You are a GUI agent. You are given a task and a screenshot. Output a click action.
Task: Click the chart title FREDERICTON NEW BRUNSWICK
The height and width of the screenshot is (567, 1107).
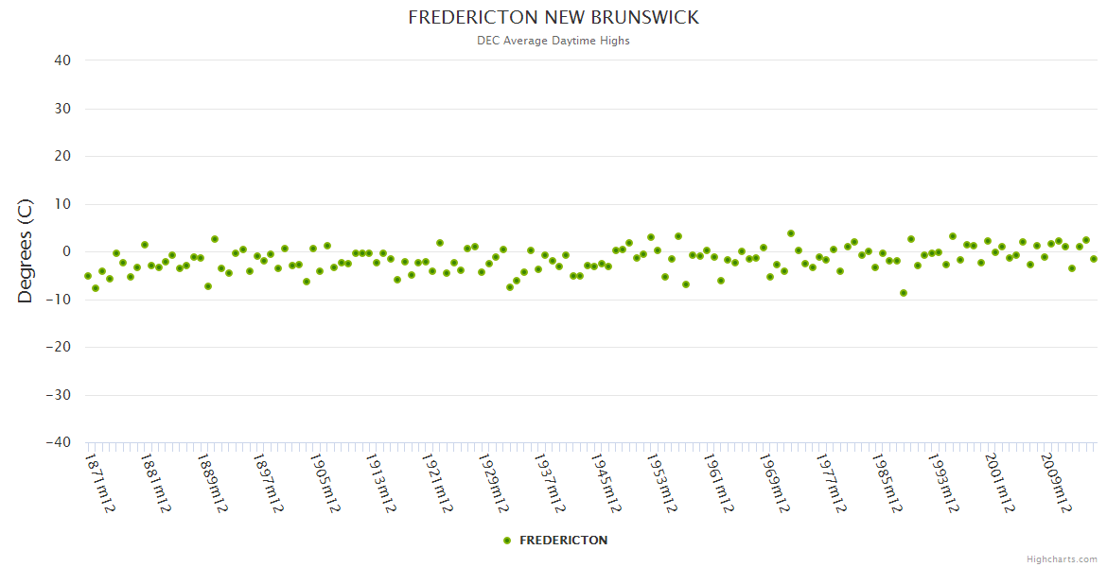coord(553,17)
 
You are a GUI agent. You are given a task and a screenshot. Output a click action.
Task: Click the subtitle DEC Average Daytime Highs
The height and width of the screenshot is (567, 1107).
coord(553,41)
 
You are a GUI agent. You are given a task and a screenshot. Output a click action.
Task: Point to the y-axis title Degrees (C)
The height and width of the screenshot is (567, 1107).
coord(26,251)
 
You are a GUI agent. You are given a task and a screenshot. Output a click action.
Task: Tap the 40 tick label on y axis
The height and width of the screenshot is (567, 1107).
coord(62,60)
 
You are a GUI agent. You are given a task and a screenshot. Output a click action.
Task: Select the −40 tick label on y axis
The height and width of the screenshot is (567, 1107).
coord(58,442)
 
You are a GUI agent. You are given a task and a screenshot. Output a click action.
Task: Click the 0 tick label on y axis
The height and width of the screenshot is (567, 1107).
coord(67,251)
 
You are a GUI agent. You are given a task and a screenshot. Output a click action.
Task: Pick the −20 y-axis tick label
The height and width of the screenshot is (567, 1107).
coord(58,347)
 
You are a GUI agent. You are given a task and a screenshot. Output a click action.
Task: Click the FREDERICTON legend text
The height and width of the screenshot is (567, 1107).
coord(564,541)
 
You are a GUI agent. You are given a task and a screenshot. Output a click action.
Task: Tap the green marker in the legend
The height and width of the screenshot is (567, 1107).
coord(507,541)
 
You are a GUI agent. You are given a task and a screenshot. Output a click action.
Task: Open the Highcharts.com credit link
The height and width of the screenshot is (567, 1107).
coord(1062,558)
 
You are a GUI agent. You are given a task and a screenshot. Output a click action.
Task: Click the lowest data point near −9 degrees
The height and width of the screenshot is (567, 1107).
coord(904,293)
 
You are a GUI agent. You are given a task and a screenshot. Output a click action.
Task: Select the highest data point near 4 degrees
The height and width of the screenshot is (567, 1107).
coord(791,233)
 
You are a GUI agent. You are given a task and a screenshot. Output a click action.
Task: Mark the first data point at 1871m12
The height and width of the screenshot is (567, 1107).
coord(88,276)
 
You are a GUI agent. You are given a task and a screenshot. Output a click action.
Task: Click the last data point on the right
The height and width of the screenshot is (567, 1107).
coord(1094,259)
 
